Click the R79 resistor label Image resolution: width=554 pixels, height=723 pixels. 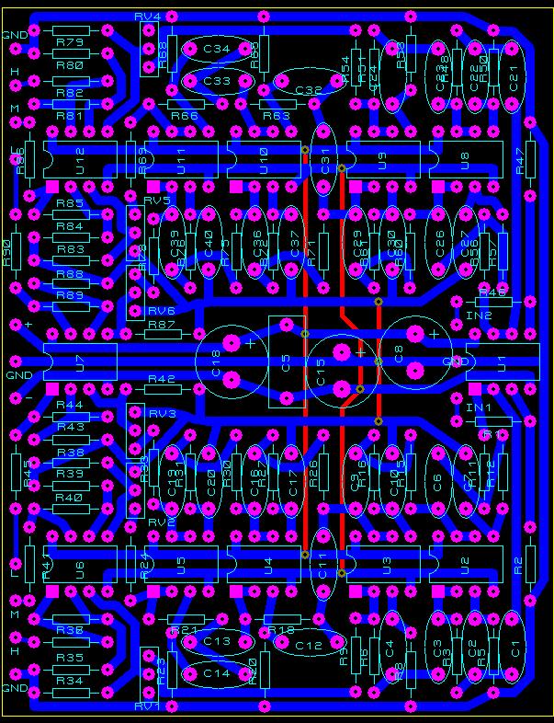tap(70, 42)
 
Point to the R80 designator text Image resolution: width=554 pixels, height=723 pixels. tap(70, 66)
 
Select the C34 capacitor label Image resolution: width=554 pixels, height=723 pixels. tap(217, 50)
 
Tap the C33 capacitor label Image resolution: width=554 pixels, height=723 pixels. tap(217, 81)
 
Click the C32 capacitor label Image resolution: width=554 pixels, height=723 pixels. tap(309, 90)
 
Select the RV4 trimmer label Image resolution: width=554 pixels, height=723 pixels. tap(147, 17)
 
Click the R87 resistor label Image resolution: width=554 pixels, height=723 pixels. tap(162, 325)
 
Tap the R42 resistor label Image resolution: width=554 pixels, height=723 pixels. tap(162, 379)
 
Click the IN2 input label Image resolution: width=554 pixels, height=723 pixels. tap(479, 316)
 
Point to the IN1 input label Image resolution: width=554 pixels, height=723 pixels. tap(479, 407)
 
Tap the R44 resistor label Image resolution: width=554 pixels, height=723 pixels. tap(70, 405)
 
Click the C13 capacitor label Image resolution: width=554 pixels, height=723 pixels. tap(217, 640)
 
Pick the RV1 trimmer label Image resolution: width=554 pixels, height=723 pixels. tap(147, 706)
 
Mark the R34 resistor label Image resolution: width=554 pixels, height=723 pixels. tap(70, 681)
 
